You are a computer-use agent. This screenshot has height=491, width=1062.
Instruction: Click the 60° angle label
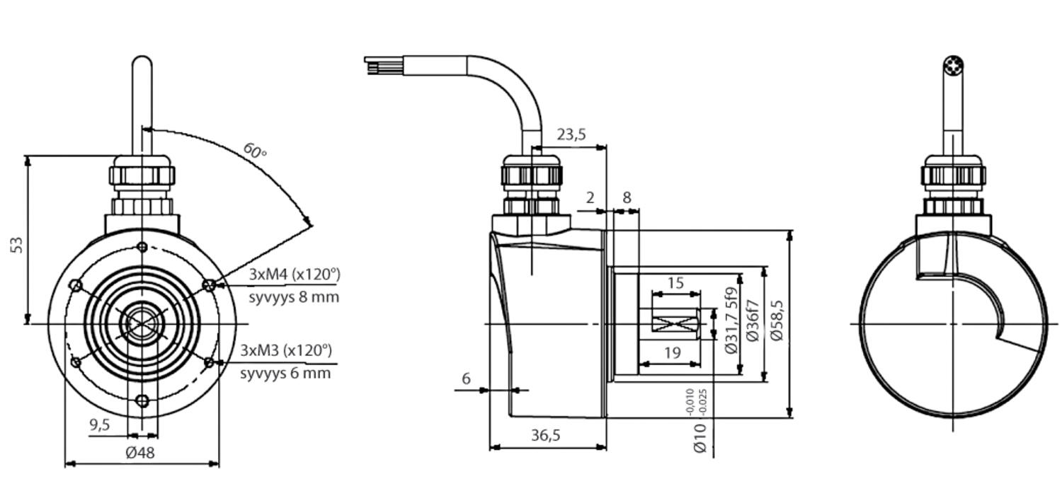point(255,150)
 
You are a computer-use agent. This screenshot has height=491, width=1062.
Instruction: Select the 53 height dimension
point(18,245)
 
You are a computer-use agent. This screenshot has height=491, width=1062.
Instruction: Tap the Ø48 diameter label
point(139,453)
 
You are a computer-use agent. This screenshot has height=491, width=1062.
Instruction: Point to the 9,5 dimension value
point(100,424)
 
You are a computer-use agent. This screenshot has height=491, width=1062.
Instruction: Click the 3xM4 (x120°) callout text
point(295,274)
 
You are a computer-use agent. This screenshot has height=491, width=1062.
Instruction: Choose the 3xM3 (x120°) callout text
point(286,350)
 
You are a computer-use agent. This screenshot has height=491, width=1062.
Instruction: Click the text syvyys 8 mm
point(294,296)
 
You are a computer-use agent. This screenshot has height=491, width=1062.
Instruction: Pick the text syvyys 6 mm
point(285,373)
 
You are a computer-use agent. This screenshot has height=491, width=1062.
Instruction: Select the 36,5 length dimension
point(546,435)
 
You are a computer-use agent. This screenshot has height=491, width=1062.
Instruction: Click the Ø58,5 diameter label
point(777,321)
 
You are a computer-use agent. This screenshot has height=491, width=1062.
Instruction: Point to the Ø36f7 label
point(753,321)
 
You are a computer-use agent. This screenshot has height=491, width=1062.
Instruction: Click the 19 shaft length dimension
point(672,352)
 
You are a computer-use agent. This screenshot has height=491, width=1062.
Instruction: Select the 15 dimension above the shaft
point(675,283)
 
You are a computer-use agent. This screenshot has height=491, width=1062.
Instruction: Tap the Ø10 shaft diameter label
point(700,438)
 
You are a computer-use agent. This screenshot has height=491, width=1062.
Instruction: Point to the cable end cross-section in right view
point(954,67)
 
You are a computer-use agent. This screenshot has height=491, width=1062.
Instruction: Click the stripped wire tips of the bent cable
point(373,66)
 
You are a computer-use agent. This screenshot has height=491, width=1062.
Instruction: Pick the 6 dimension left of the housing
point(466,379)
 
